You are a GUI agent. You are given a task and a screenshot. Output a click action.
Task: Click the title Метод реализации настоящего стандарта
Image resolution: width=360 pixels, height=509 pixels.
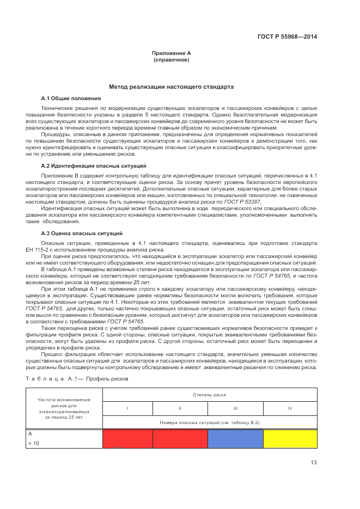point(171,87)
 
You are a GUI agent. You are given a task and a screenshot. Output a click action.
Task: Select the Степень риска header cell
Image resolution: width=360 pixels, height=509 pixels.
point(209,394)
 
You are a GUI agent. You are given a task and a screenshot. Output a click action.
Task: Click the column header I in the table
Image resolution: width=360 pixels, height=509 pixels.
point(127,407)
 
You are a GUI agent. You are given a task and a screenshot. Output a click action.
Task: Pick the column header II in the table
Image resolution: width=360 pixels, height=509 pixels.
point(180,407)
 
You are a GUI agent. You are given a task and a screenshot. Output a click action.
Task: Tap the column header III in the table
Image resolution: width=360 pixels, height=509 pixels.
point(235,407)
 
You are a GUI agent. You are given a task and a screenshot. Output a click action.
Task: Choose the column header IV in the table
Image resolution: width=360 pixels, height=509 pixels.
point(290,407)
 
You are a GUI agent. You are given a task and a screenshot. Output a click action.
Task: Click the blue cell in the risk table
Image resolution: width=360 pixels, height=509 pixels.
point(235,439)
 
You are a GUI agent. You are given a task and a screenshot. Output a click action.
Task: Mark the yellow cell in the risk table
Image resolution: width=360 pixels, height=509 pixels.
point(290,439)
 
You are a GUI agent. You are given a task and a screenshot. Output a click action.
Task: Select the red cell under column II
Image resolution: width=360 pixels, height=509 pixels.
point(180,439)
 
